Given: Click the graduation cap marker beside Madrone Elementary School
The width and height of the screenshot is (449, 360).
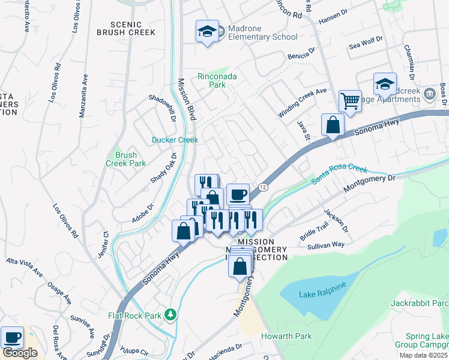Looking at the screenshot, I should [x=207, y=31].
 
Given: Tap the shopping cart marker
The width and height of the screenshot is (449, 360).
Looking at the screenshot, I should [x=349, y=100].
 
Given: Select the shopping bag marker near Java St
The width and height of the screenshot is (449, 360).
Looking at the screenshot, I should [x=333, y=125].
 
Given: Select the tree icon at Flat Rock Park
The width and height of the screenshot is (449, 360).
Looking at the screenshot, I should [x=171, y=314].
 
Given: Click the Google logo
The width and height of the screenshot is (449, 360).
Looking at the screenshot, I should [x=20, y=353].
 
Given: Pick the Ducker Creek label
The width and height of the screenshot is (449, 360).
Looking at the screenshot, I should [x=175, y=140].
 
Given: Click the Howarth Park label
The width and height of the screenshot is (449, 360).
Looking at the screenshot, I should [x=286, y=336].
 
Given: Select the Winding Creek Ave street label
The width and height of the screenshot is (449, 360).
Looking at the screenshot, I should [x=302, y=103].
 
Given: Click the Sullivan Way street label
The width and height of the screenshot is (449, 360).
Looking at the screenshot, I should [x=325, y=245].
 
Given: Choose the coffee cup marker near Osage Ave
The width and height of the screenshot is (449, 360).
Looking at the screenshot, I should [x=12, y=337].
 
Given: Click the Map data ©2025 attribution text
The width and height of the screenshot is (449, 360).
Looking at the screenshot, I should [x=421, y=355].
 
